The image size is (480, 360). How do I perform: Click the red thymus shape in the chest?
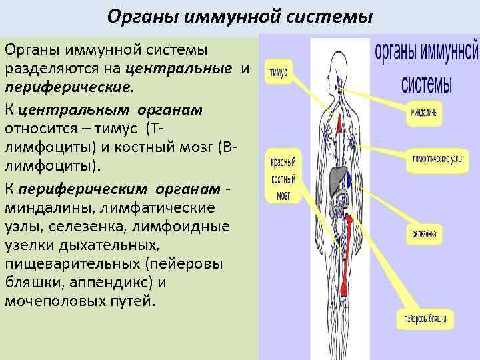(340, 123)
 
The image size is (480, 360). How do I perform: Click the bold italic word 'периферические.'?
(69, 86)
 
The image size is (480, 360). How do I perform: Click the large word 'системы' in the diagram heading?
(427, 85)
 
